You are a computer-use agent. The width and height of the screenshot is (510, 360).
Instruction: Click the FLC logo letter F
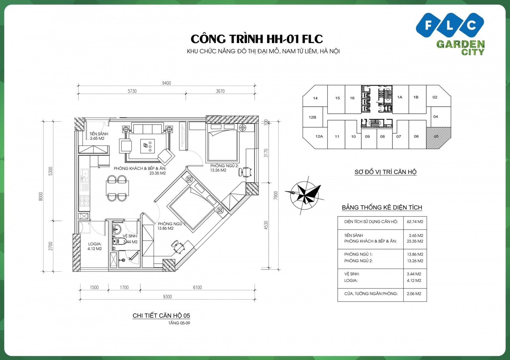coord(428,25)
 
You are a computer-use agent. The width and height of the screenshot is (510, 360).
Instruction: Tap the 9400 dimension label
coord(166,83)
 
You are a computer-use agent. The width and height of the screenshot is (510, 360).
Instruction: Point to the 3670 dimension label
coord(220,91)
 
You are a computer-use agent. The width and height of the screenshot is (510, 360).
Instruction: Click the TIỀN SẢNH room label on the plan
coord(98,134)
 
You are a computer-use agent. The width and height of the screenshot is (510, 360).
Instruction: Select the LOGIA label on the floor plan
coord(95,244)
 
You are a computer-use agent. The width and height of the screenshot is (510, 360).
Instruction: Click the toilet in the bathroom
coord(119,241)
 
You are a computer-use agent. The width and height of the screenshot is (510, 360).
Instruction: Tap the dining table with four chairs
coord(117,188)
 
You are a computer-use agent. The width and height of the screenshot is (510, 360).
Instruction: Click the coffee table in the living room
coord(147,146)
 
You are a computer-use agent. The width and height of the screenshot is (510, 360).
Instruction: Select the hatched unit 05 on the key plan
coord(438,138)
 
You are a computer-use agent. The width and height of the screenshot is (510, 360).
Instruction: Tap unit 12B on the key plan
coord(312,117)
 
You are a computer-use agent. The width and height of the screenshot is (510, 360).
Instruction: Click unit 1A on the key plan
coord(400,97)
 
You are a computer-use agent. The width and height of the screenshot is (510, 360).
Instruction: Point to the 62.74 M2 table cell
coord(415,222)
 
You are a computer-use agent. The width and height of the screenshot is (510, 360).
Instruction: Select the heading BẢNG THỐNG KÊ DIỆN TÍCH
coord(382,208)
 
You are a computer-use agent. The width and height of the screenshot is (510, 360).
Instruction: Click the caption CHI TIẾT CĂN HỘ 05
coord(161,316)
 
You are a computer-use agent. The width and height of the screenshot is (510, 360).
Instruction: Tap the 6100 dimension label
coord(197,287)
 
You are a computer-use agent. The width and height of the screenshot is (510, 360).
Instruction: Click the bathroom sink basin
coord(116,228)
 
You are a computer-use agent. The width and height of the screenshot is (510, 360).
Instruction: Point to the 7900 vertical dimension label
coord(276,195)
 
